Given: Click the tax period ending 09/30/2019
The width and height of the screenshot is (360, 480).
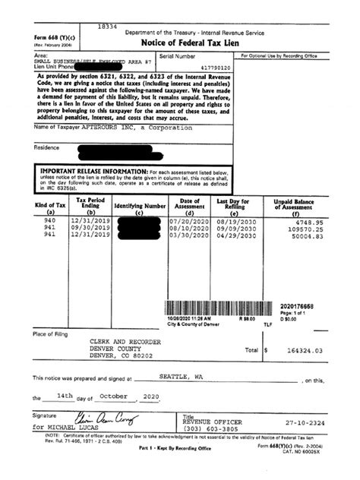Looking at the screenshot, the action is [90, 229].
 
